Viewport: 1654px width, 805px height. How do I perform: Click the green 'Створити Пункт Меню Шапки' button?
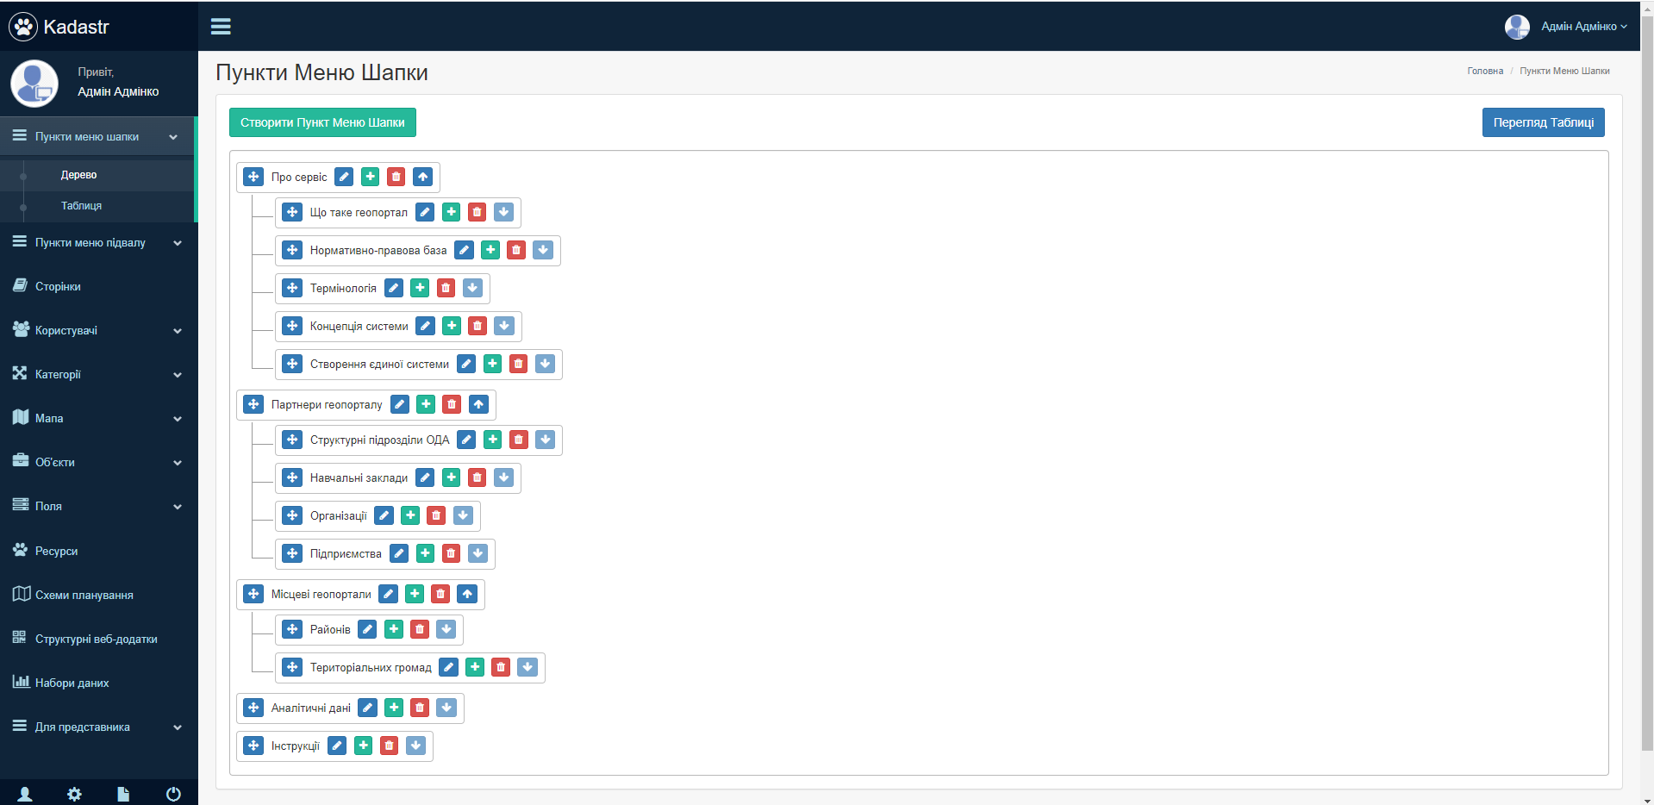coord(322,122)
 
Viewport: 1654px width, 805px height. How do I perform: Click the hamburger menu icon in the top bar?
coord(221,27)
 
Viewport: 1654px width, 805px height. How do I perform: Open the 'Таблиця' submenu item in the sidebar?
coord(81,206)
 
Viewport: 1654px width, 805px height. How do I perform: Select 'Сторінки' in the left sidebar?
coord(58,286)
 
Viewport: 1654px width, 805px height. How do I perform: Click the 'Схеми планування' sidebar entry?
coord(84,595)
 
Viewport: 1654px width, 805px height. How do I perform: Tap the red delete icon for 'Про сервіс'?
coord(396,177)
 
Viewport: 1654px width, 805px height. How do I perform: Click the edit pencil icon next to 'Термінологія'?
coord(394,288)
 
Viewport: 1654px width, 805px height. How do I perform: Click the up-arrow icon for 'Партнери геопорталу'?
coord(478,404)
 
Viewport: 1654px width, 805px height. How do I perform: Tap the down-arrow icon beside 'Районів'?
coord(446,629)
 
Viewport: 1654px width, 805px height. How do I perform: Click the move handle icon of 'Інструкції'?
coord(253,746)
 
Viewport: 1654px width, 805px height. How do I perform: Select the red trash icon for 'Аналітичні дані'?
coord(420,708)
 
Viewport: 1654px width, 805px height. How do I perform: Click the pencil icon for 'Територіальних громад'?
coord(448,667)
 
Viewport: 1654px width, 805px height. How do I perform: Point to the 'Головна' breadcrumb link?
coord(1485,71)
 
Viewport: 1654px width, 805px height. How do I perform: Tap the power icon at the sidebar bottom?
coord(173,794)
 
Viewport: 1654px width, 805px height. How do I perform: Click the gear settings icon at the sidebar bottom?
coord(74,794)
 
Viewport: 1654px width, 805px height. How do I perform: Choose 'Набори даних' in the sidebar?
coord(72,683)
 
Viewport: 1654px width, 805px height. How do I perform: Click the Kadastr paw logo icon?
coord(23,27)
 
